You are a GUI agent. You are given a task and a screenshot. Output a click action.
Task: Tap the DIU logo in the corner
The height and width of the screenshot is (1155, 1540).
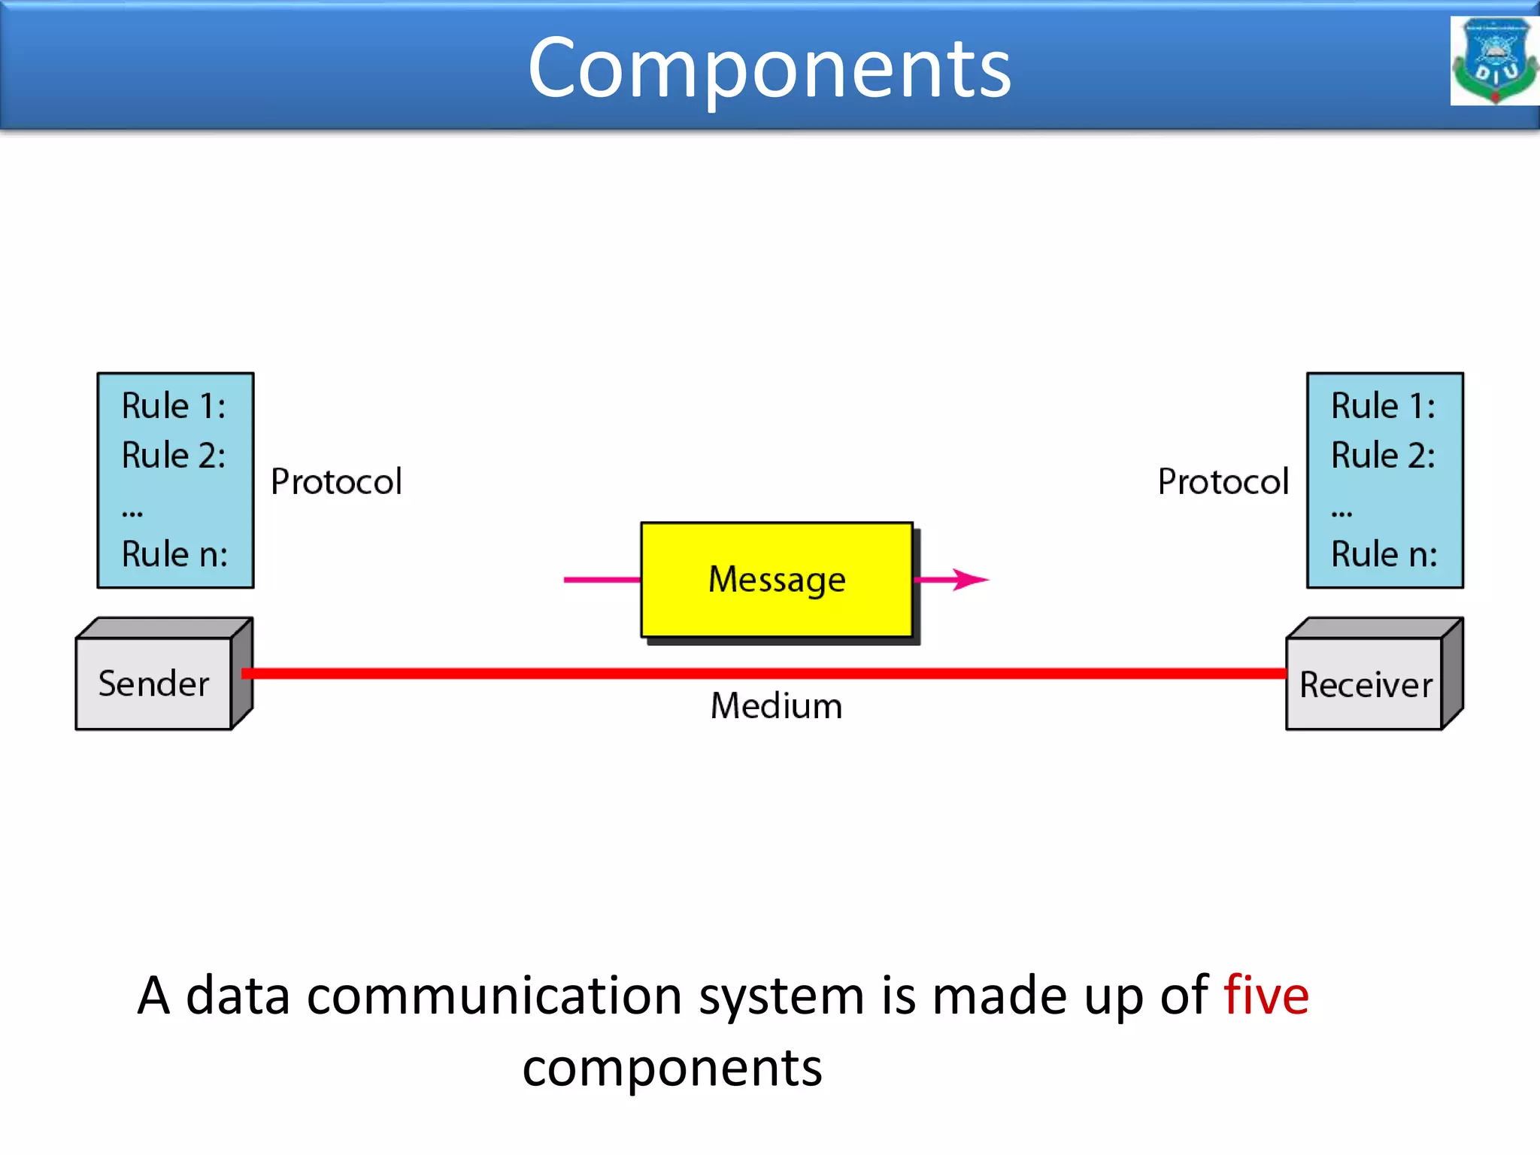click(1494, 61)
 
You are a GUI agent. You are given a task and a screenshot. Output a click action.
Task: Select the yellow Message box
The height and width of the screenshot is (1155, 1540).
click(777, 580)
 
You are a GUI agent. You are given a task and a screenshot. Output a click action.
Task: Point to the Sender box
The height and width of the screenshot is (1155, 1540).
click(154, 684)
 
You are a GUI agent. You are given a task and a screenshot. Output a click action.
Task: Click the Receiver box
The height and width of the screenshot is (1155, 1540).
click(1366, 684)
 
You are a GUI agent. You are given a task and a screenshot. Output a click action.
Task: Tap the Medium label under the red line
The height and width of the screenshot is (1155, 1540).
click(776, 706)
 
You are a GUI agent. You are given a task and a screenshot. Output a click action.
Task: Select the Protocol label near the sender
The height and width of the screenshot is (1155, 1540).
click(336, 481)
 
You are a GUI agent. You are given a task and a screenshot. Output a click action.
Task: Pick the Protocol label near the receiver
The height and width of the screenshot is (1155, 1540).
click(1223, 481)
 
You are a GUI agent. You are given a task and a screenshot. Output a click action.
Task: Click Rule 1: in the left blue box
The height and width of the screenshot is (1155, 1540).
click(174, 406)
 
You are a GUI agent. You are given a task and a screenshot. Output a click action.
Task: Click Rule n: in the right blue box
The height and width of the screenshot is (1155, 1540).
click(1384, 554)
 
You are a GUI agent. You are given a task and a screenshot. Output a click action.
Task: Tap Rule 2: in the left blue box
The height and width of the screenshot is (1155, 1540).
click(174, 456)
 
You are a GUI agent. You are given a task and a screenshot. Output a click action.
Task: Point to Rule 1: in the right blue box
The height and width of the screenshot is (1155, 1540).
click(1383, 406)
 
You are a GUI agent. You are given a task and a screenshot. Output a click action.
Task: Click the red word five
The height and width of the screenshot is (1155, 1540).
click(1266, 996)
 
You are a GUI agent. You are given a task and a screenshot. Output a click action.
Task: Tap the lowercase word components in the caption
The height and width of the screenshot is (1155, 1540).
click(672, 1069)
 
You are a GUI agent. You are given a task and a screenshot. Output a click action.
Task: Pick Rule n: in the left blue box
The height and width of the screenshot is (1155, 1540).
click(174, 554)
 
